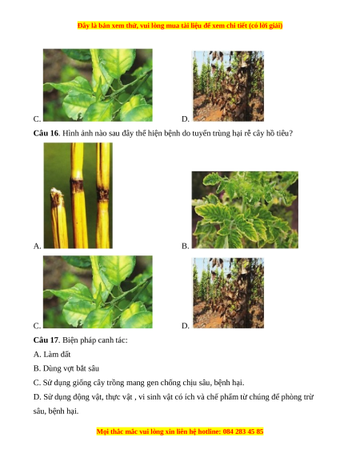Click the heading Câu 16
tap(46, 133)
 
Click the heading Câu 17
tap(46, 340)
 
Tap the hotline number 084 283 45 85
tap(243, 432)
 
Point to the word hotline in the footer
tap(210, 432)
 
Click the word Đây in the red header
tap(83, 26)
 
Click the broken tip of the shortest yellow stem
tap(57, 191)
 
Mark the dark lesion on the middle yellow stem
tap(78, 185)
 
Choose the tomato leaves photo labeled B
tap(245, 210)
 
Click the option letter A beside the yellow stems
tap(37, 246)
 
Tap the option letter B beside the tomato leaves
tap(185, 246)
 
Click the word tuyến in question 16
tap(200, 133)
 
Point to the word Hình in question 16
tap(70, 133)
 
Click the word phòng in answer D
tap(290, 397)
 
